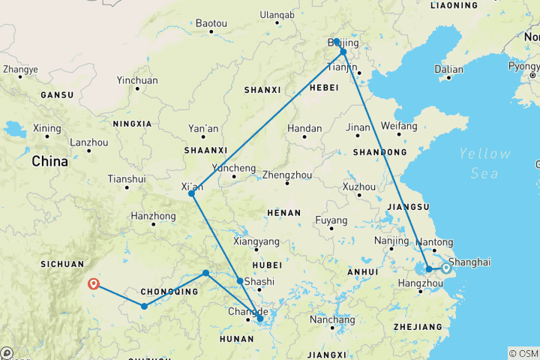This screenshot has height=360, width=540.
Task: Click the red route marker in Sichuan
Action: coord(94,283)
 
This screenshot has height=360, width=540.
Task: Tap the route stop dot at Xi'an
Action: coord(191,193)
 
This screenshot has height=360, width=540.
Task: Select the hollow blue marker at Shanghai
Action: coord(446,268)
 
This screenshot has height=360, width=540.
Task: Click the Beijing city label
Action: coord(343,44)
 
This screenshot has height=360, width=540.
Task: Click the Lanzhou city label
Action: coord(88,142)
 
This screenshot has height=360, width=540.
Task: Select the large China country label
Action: coord(49,161)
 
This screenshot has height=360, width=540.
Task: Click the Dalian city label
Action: coord(449,69)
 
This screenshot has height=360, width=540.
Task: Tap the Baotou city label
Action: coord(211,23)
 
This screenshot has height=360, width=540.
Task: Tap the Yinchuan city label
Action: coord(137,80)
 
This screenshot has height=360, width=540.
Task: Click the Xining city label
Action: coord(46,127)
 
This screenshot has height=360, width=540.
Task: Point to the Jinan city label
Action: coord(358,127)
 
